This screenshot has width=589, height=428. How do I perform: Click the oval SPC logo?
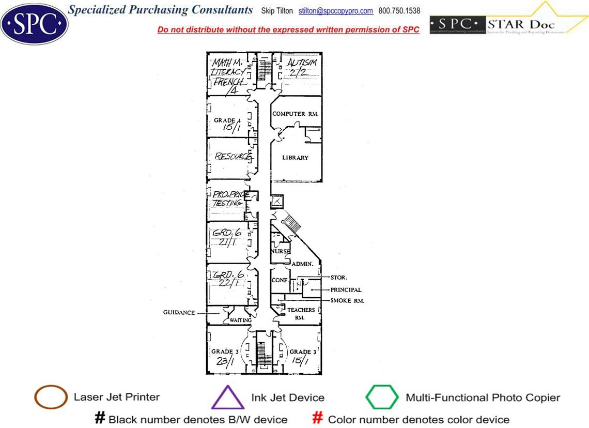coord(34,23)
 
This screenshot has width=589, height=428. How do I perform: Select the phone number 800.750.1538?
coord(399,11)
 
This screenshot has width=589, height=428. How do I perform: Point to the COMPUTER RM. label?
coord(295,114)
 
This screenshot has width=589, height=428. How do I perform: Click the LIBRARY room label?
coord(295,158)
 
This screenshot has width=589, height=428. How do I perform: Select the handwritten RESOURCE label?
coord(233,156)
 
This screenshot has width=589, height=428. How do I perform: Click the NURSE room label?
coord(281,251)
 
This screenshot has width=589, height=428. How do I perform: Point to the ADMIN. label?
coord(302,264)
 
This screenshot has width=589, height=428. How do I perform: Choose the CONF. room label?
coord(279,280)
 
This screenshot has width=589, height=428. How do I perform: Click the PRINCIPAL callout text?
coord(346,290)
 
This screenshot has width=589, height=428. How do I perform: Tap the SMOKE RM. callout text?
coord(347,300)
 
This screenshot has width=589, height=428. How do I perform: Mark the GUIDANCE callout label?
coord(179,313)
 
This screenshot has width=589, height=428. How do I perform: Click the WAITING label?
coord(240,320)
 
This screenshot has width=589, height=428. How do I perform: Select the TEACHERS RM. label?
coord(301,313)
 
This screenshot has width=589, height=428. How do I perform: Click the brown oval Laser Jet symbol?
coord(51,398)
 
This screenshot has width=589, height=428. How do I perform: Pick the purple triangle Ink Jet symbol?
coord(228,398)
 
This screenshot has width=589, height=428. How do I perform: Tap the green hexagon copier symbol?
coord(382,398)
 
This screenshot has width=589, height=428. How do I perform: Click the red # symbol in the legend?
coord(318,418)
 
